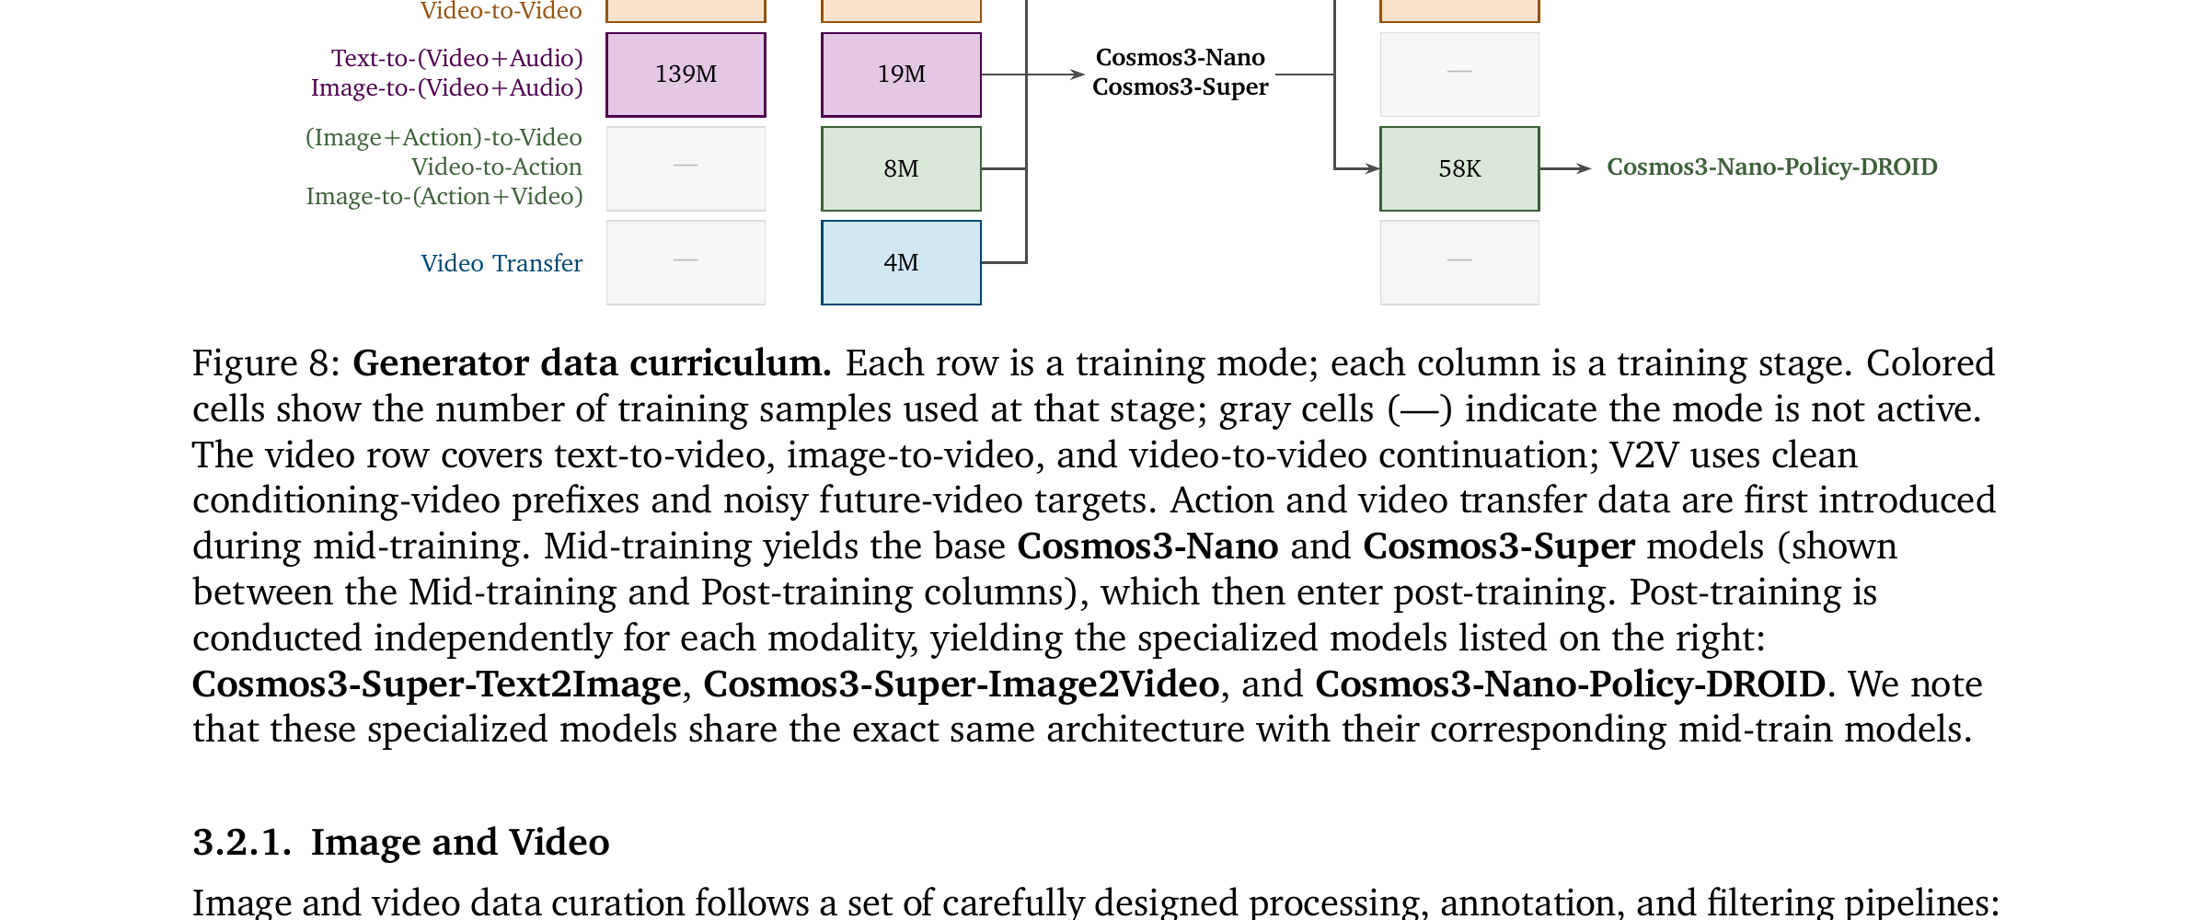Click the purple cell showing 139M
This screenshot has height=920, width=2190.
[686, 75]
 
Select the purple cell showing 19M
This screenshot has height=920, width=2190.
[901, 75]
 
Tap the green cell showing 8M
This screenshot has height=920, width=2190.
[901, 168]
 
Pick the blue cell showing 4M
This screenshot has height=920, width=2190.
[901, 262]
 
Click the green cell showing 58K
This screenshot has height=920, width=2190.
[1459, 168]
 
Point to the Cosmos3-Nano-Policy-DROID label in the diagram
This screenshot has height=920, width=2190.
[1771, 167]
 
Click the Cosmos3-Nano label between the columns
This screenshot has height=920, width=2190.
[1181, 57]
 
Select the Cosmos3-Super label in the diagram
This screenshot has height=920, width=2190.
[1181, 86]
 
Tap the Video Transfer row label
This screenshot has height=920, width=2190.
[501, 263]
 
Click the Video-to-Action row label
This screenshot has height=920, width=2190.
[497, 167]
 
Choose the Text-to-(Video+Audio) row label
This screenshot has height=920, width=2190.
[457, 58]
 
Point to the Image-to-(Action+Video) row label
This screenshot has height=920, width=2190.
[444, 196]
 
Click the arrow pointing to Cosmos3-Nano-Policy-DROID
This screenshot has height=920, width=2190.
[1565, 168]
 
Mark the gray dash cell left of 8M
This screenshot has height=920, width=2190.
[686, 168]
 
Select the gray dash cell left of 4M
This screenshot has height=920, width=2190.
[686, 262]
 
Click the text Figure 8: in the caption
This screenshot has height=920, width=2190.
[267, 363]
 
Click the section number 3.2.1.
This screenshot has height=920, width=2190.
[242, 842]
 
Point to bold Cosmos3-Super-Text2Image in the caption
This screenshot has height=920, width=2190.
[437, 684]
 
